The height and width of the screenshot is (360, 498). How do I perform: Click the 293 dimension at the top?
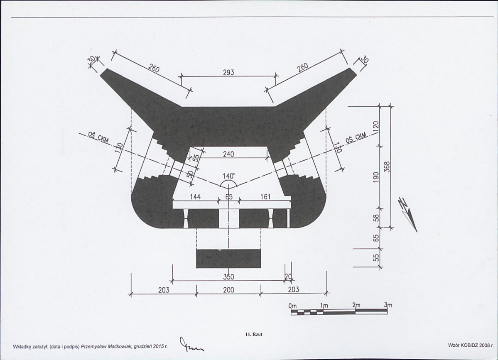(228, 72)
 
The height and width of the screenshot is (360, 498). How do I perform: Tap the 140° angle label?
(228, 176)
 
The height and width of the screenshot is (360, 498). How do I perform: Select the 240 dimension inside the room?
(228, 154)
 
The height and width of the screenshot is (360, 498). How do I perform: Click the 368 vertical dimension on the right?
(387, 167)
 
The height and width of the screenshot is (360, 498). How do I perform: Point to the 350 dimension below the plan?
(228, 277)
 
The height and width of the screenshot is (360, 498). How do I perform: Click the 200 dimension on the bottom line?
(228, 289)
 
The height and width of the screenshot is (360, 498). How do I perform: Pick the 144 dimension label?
(195, 197)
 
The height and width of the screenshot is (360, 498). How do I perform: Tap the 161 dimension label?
(265, 197)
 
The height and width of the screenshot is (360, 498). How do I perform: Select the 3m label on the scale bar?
(388, 305)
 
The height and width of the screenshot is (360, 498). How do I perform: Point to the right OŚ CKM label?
(357, 138)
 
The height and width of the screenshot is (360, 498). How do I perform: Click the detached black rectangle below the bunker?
(229, 258)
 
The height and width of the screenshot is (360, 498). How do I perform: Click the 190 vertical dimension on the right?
(376, 177)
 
